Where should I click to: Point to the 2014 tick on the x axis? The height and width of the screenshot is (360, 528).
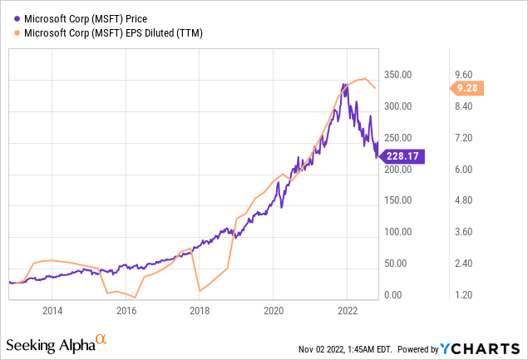52,311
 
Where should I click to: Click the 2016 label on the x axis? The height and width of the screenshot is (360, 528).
126,311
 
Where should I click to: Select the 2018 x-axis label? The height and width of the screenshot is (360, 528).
200,311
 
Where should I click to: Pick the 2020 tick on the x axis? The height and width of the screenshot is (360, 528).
274,311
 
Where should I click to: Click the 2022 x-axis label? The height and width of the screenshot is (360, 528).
347,311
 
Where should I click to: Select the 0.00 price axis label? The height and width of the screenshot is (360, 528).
393,295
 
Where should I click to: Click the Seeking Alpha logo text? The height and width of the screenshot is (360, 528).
49,344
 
